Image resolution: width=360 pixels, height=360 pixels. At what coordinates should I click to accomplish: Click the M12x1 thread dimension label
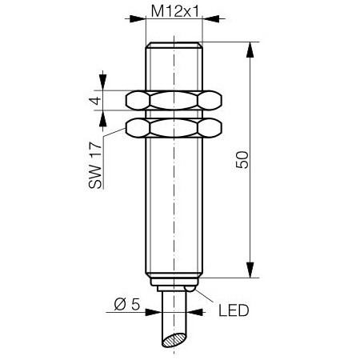174,11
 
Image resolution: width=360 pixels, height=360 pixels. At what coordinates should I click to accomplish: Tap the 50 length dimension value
242,160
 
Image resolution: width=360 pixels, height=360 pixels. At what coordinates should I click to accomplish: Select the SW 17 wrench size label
95,166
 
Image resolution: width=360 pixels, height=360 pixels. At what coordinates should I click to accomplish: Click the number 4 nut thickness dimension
96,101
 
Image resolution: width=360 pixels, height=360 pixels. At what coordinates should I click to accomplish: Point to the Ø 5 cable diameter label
127,304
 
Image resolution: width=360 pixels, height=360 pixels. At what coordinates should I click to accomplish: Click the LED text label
234,310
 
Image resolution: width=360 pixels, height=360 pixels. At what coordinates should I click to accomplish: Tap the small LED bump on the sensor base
190,289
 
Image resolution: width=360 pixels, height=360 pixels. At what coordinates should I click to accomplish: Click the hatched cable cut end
174,340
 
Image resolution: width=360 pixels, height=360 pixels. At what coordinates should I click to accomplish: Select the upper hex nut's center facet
174,101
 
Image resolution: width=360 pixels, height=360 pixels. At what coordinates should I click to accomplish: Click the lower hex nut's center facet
174,128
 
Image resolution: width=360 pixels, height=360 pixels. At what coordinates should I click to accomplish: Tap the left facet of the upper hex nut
138,101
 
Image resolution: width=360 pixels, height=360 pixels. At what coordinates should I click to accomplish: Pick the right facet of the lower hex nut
210,128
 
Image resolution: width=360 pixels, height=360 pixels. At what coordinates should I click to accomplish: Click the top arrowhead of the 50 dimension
250,50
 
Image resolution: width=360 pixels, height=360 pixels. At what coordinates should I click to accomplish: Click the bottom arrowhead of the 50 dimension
250,270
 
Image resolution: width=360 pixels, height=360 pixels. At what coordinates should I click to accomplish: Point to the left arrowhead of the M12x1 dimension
138,18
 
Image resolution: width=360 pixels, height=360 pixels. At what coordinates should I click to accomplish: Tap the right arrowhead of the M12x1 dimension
211,18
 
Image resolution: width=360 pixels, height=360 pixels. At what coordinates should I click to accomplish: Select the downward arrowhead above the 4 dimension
102,82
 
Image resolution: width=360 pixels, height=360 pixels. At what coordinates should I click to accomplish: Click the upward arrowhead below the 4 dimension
102,119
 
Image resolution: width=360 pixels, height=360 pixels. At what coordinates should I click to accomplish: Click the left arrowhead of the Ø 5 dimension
154,312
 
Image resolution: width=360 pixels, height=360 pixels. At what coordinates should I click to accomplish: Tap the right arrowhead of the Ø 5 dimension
195,312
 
